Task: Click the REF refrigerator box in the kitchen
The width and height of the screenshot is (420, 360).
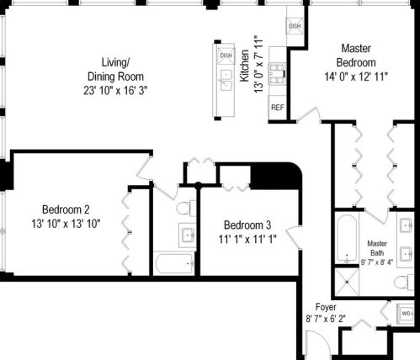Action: (277, 108)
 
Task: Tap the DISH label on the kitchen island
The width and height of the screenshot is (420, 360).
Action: (226, 56)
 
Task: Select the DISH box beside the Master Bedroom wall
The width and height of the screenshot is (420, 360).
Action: (295, 26)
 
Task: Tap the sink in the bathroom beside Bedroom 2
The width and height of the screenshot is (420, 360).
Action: (186, 234)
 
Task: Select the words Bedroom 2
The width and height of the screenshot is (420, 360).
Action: (66, 209)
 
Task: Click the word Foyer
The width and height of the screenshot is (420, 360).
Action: (327, 307)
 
